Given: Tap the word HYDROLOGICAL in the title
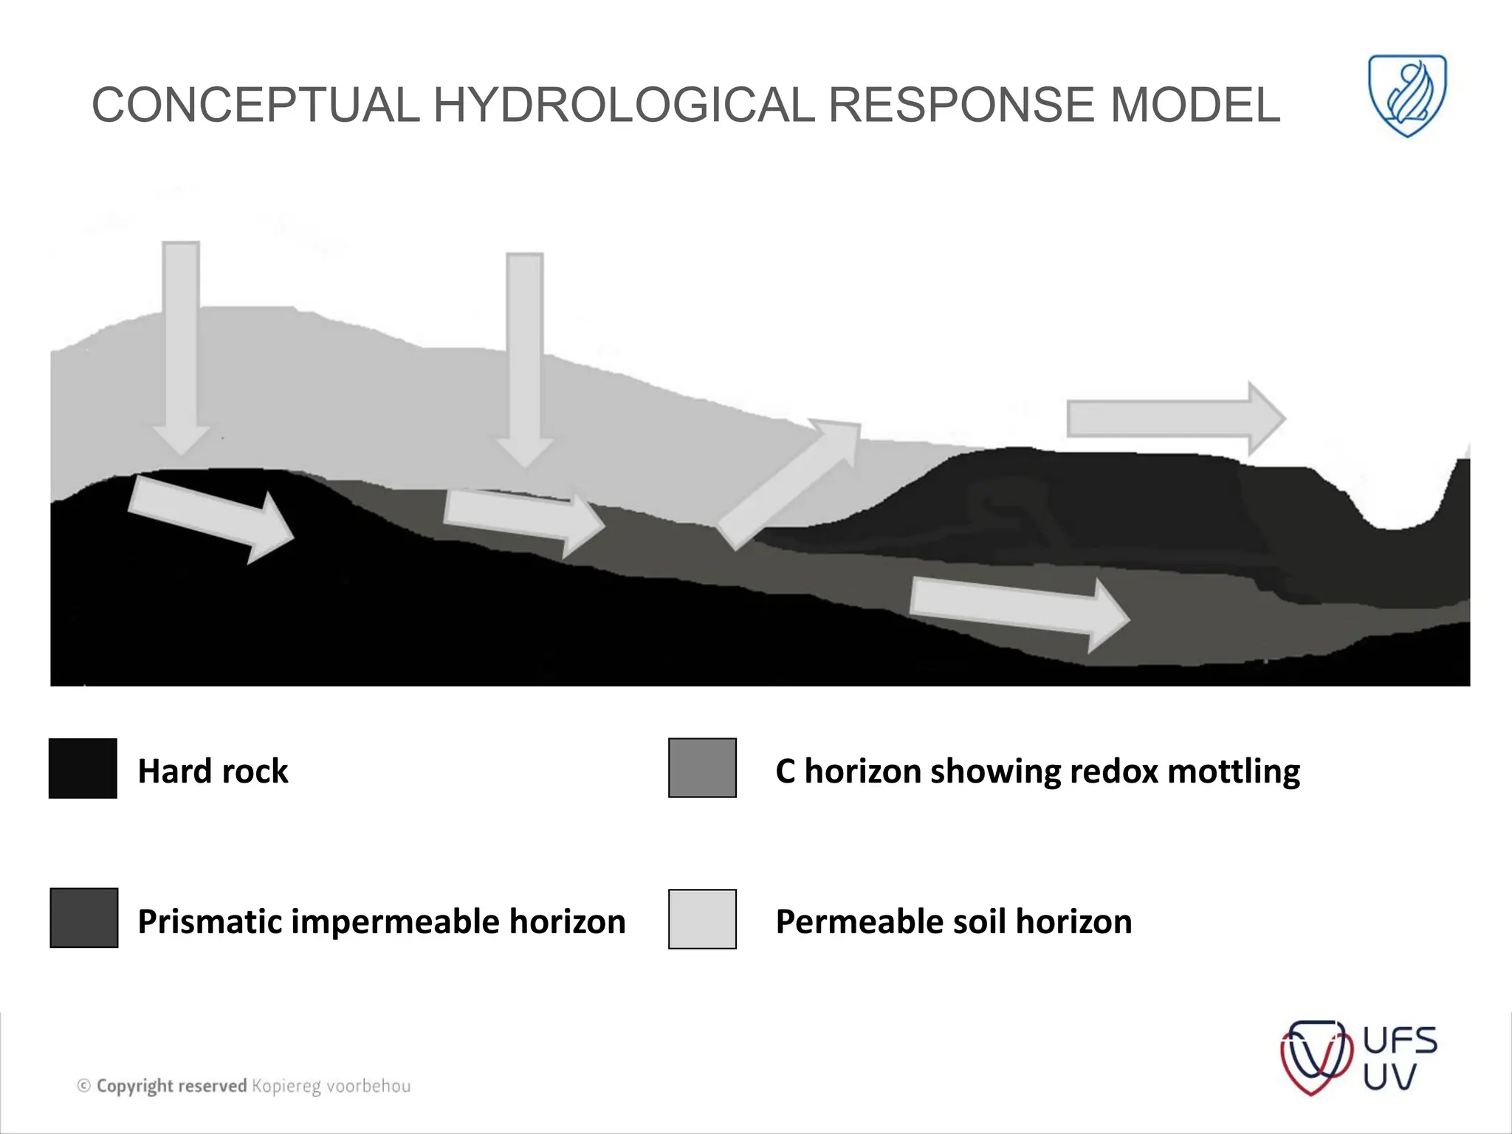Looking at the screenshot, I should (624, 105).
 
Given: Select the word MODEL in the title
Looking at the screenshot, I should (1195, 105).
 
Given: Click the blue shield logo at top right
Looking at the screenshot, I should (1407, 95).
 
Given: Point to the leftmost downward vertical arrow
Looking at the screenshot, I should (181, 347).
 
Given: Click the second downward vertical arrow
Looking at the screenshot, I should (525, 358).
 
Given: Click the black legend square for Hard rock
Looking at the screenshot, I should (83, 768).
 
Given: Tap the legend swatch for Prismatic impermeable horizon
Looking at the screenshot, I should (83, 918).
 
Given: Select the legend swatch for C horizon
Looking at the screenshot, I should (702, 768).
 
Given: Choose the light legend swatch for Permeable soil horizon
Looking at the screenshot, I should (702, 919).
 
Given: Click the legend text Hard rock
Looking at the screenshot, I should (213, 771).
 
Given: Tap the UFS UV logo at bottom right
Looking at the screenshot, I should (1358, 1058).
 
